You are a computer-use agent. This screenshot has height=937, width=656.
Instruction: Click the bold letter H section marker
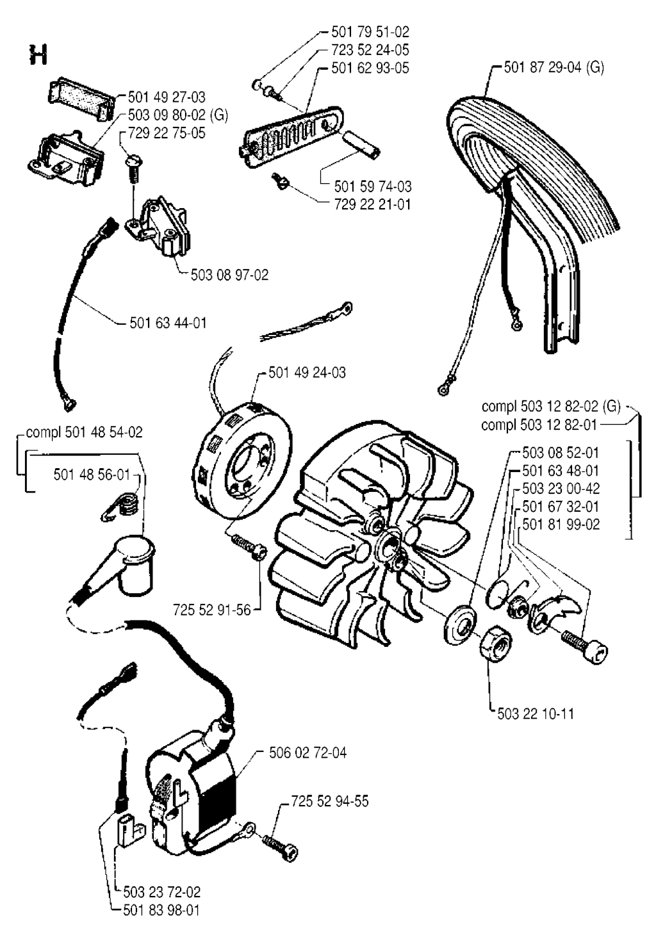(x=37, y=55)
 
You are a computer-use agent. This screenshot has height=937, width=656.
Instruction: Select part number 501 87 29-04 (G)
(x=553, y=67)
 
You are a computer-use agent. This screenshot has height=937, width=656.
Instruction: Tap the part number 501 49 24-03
(x=307, y=372)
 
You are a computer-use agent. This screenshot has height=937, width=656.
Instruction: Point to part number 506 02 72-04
(x=307, y=753)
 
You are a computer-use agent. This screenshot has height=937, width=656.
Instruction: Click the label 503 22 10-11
(x=535, y=713)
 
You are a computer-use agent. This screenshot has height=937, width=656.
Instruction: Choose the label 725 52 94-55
(x=330, y=801)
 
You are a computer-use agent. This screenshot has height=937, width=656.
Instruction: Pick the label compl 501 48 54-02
(x=84, y=432)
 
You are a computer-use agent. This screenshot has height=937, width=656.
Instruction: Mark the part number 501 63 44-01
(x=168, y=323)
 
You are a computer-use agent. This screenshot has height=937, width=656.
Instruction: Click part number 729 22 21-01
(x=372, y=204)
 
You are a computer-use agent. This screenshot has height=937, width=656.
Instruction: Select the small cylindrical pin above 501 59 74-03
(x=363, y=144)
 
